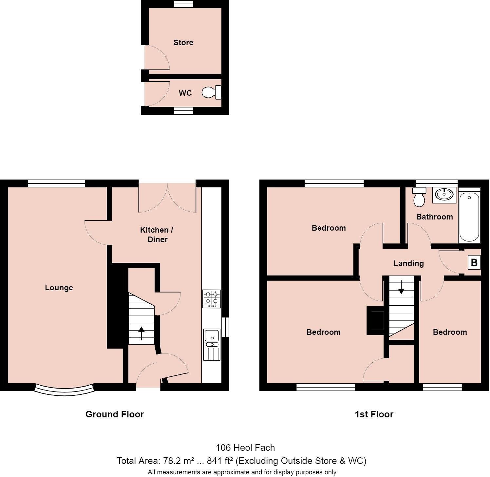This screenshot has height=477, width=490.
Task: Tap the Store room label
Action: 183,43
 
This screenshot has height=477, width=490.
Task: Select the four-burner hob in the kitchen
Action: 211,298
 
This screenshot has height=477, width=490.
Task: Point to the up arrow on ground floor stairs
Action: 141,333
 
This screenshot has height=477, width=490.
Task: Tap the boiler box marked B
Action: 474,263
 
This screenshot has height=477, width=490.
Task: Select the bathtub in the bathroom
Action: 469,217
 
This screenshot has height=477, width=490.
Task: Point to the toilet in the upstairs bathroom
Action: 419,197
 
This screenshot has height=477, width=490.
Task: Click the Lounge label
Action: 59,288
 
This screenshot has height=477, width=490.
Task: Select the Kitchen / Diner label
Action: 157,235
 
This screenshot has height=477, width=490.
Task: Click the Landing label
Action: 408,263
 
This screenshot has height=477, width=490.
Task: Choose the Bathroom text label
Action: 434,217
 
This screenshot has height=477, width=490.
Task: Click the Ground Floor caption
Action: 114,414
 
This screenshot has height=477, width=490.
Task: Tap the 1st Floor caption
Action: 374,414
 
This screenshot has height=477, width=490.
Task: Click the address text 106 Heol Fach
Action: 245,448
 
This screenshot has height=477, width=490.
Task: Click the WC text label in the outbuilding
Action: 185,93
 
